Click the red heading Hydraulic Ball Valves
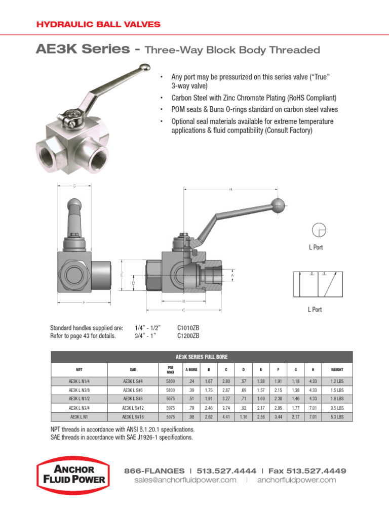click(98, 24)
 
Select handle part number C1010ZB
click(188, 328)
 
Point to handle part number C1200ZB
click(188, 335)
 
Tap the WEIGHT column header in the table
click(337, 369)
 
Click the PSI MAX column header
click(171, 369)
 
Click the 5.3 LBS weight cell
click(337, 417)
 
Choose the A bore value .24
click(191, 381)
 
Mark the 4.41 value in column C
click(226, 417)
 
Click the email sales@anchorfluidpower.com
click(185, 480)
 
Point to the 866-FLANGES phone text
click(153, 470)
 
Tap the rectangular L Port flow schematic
click(317, 284)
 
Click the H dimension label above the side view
click(230, 190)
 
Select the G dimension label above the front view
click(74, 186)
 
